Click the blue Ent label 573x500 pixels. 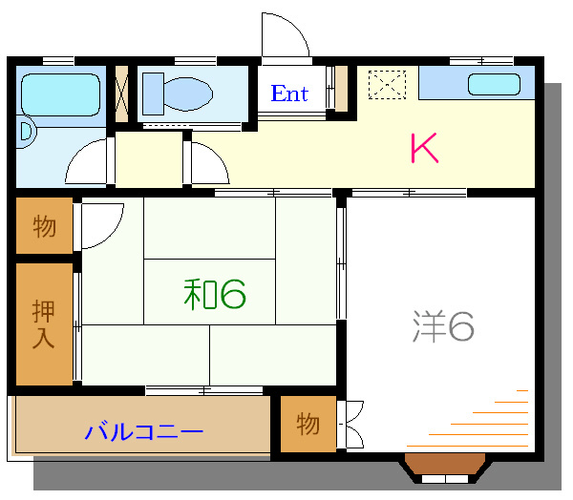point(289,94)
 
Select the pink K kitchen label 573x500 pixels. point(424,148)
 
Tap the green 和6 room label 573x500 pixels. point(215,295)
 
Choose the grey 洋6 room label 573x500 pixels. point(443,326)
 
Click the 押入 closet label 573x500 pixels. point(44,324)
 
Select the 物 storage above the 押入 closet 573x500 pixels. point(44,226)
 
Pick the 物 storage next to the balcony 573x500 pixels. point(308,424)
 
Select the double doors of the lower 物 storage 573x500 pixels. point(351,424)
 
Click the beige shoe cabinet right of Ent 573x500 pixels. point(341,88)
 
